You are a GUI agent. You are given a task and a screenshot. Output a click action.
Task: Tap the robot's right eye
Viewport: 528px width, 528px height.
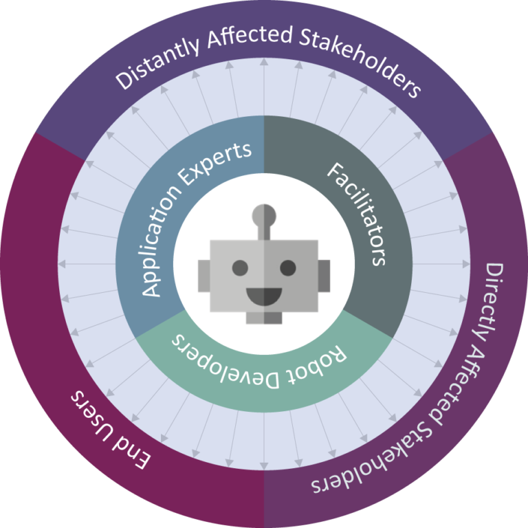pos(288,267)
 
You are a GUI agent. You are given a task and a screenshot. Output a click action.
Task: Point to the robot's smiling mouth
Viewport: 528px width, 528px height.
pos(264,296)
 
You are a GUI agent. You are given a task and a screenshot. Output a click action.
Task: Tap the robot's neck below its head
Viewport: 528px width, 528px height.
pos(264,317)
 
